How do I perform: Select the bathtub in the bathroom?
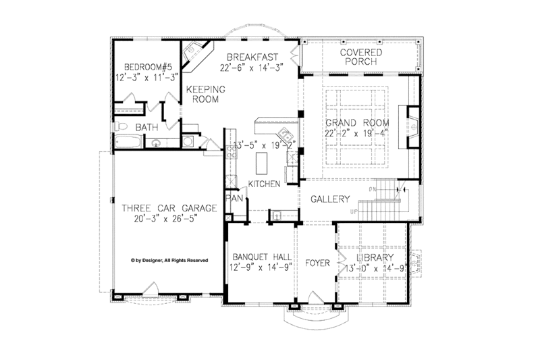click(127, 143)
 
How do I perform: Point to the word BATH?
click(148, 127)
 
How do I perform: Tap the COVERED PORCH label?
click(360, 57)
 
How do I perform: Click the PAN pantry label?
click(234, 199)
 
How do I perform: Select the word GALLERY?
click(330, 200)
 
